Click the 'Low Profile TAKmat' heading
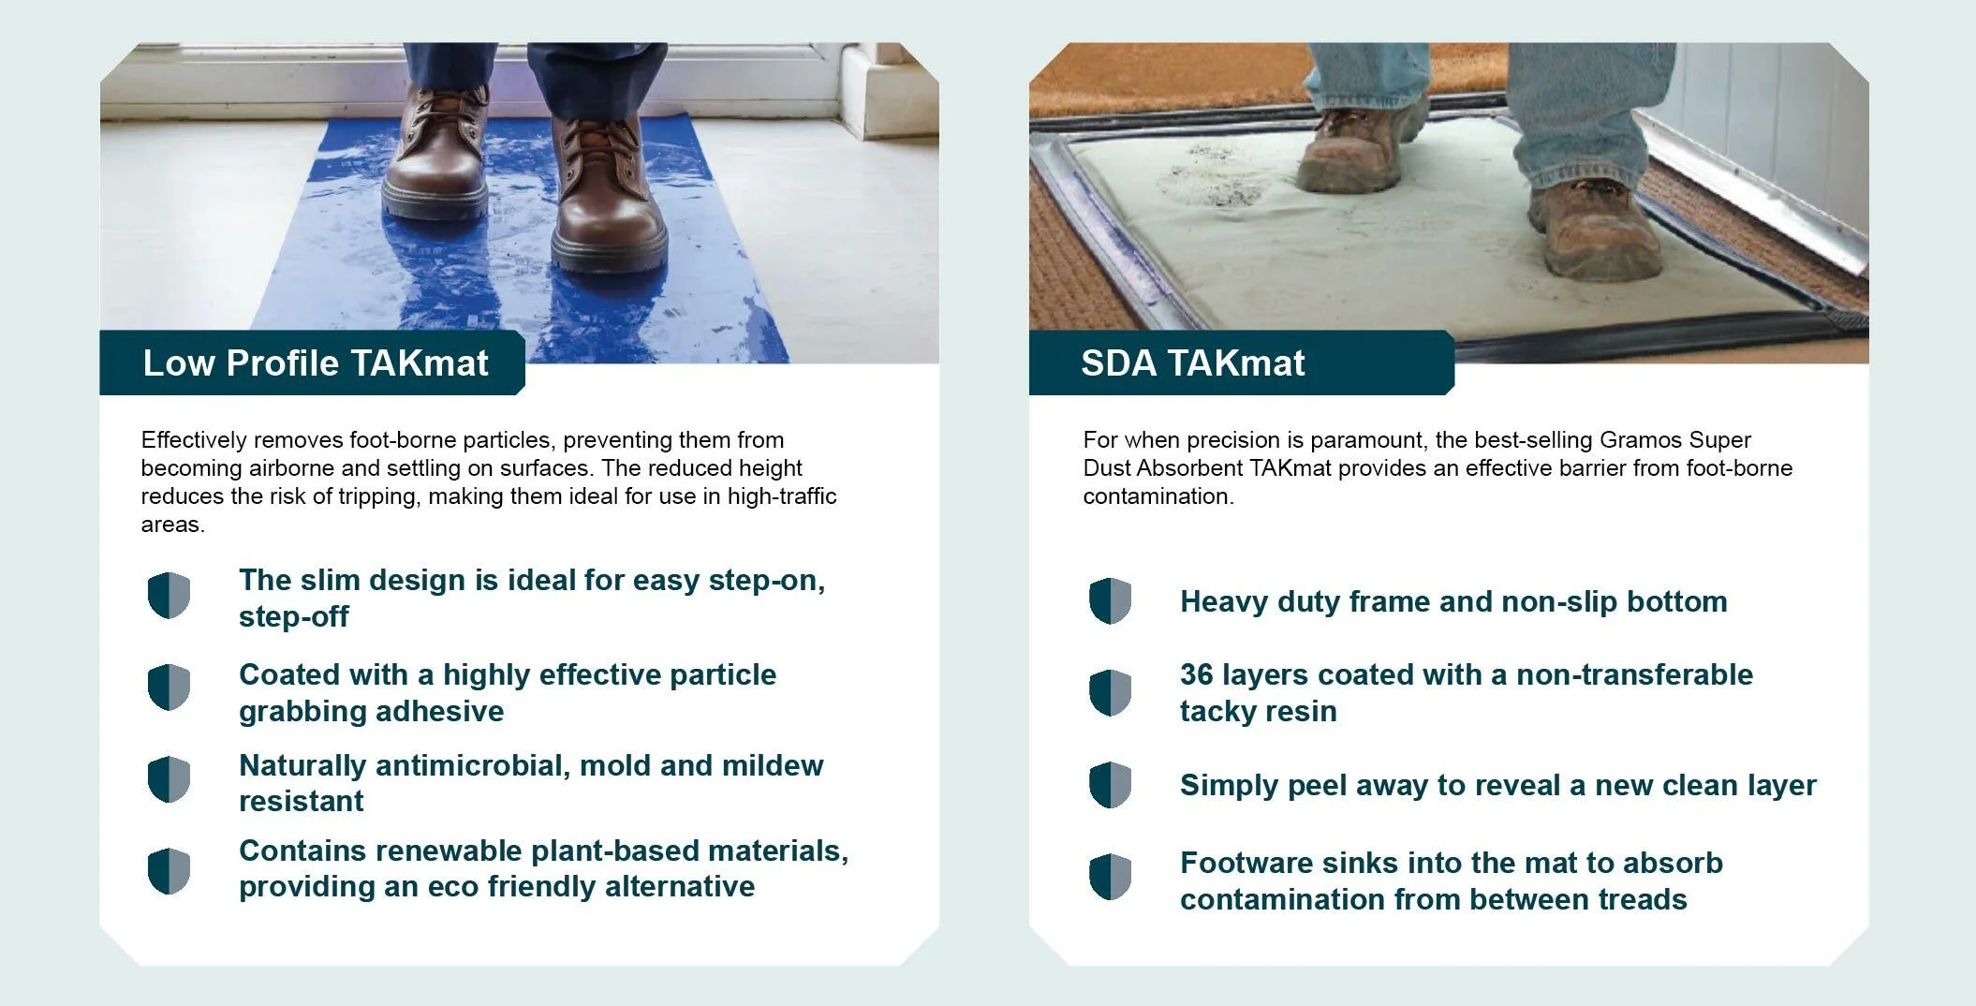(x=316, y=363)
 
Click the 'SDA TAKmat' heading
(x=1192, y=363)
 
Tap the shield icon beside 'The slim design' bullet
(x=169, y=596)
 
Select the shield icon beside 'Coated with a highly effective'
(x=169, y=688)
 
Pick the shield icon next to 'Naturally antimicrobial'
(x=169, y=779)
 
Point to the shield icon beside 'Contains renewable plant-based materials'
(x=169, y=871)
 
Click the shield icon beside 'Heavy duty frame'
(x=1110, y=600)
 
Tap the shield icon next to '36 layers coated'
(x=1110, y=692)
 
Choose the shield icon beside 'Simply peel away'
(x=1110, y=784)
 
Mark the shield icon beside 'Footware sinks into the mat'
(x=1110, y=876)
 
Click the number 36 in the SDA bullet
(x=1197, y=674)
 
